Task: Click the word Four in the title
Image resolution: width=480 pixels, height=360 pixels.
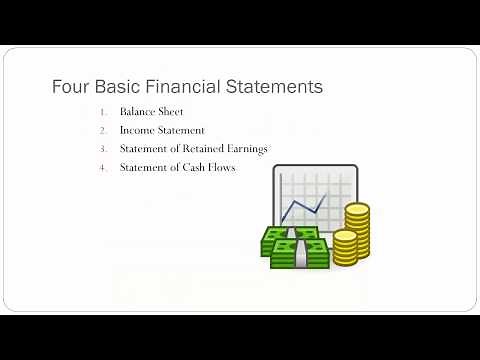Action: point(69,87)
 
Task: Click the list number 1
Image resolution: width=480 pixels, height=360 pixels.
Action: point(102,112)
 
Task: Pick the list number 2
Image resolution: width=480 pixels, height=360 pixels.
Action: point(102,131)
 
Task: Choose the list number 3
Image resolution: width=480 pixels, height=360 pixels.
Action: point(102,149)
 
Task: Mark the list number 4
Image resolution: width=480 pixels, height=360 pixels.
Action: point(102,168)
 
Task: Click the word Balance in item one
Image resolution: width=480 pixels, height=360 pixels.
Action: point(138,112)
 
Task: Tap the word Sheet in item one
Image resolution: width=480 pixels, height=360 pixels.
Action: point(175,112)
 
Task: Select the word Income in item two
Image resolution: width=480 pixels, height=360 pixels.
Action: point(136,131)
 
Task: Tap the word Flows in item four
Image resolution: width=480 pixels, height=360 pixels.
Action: point(222,168)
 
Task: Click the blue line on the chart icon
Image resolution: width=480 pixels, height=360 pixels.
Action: point(304,205)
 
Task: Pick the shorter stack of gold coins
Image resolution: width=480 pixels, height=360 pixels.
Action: point(345,247)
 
